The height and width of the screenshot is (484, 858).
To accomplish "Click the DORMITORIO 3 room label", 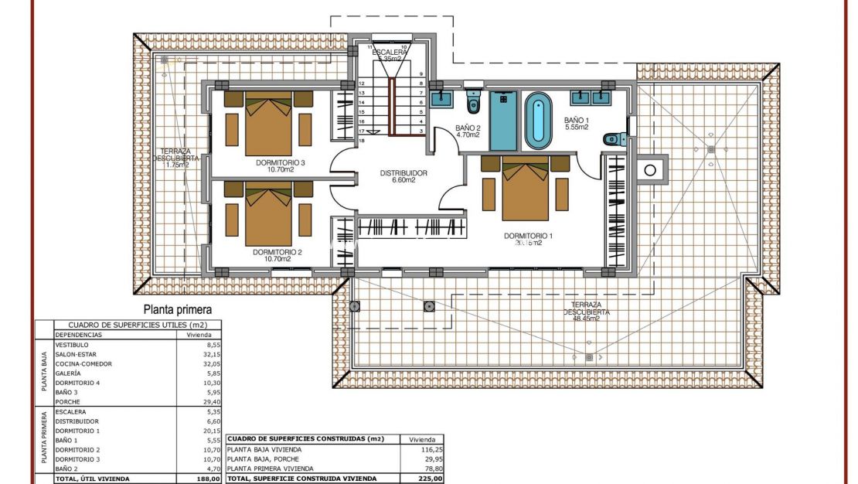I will (281, 163).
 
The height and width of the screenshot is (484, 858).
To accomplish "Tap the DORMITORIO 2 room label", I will (277, 252).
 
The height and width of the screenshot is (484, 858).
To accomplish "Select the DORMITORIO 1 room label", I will (529, 236).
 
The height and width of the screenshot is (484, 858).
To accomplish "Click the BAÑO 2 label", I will (468, 128).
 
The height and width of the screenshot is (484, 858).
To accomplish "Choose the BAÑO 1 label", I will (577, 121).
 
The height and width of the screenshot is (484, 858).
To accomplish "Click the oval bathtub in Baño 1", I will (538, 121).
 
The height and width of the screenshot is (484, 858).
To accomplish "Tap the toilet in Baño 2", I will (473, 104).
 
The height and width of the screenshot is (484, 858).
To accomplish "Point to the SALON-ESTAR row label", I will (76, 354).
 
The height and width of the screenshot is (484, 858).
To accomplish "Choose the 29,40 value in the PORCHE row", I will (204, 401).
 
